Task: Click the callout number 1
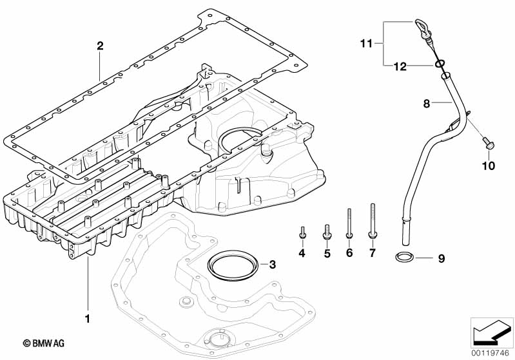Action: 88,318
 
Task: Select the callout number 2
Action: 100,46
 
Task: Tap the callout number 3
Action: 272,265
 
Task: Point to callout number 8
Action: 426,104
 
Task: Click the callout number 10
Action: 489,166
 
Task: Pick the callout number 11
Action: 366,43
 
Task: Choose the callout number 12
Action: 400,66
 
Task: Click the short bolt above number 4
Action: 302,232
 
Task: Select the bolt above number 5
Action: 327,231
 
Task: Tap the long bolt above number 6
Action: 349,223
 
